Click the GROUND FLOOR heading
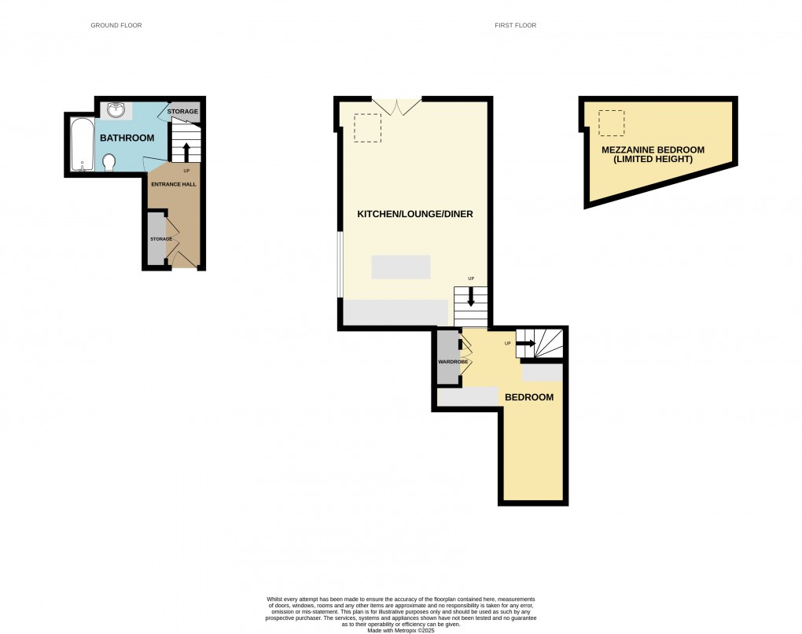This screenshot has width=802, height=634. [x=116, y=26]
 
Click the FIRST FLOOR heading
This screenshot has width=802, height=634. [x=515, y=26]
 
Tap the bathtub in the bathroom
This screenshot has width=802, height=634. [x=81, y=144]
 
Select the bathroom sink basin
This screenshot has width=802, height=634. [x=116, y=110]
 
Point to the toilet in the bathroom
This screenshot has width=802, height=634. [x=109, y=161]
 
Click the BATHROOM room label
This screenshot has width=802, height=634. [x=127, y=138]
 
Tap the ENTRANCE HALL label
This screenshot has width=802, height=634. [x=173, y=184]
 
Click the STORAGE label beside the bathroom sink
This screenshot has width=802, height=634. [x=182, y=112]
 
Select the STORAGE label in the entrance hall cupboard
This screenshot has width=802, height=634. [x=160, y=238]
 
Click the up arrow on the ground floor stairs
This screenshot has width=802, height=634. [x=186, y=151]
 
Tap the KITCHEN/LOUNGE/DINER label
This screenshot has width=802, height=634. [x=415, y=214]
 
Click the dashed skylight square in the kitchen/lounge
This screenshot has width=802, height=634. [x=367, y=127]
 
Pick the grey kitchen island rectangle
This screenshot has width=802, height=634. [x=401, y=267]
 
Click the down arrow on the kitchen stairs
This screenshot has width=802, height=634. [x=471, y=297]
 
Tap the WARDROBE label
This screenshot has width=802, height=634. [x=453, y=362]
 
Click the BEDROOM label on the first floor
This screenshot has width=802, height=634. [x=528, y=397]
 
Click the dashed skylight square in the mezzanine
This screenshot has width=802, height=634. [x=611, y=123]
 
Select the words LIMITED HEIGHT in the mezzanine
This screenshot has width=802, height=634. [x=653, y=160]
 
